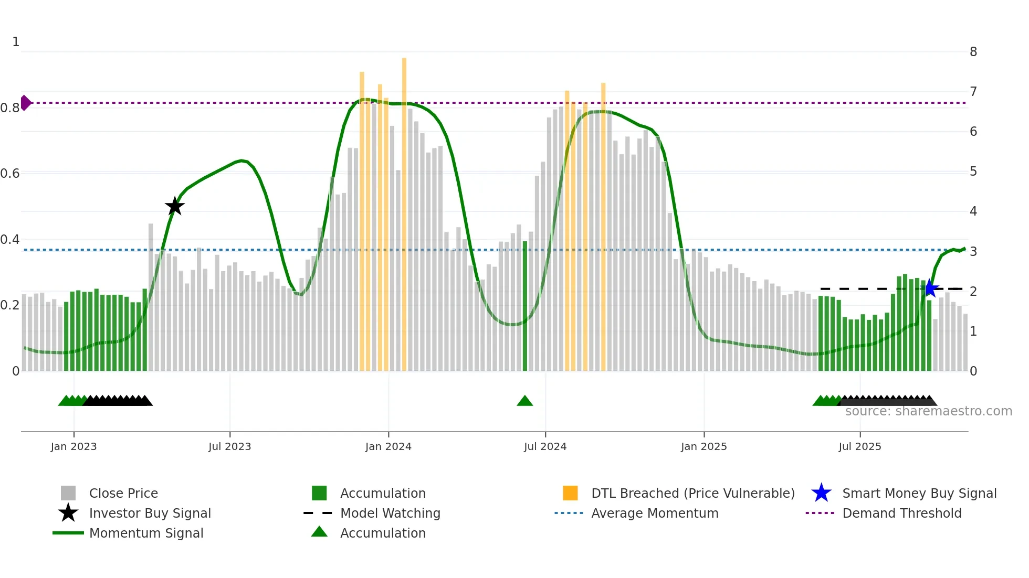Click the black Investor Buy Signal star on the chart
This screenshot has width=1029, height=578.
[x=175, y=206]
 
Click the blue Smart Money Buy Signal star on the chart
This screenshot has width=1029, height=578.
[x=930, y=288]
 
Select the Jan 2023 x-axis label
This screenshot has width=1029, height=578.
[x=73, y=446]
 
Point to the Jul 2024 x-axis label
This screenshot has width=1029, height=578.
[x=545, y=446]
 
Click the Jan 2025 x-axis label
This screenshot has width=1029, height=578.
[x=703, y=446]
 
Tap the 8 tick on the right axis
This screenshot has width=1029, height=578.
[x=973, y=52]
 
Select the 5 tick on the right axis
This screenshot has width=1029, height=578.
[x=973, y=172]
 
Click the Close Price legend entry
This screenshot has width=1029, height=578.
[x=123, y=493]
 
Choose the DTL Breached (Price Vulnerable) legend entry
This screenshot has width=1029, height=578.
[x=692, y=493]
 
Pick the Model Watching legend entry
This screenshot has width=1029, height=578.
[x=390, y=513]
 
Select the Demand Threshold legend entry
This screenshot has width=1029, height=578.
[x=901, y=513]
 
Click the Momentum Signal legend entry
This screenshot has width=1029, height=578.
[x=146, y=533]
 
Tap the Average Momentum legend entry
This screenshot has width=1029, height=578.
[x=655, y=513]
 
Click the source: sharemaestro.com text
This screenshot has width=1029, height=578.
[x=928, y=411]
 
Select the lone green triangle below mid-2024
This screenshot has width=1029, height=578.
[x=524, y=401]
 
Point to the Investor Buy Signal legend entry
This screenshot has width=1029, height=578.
[x=150, y=513]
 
